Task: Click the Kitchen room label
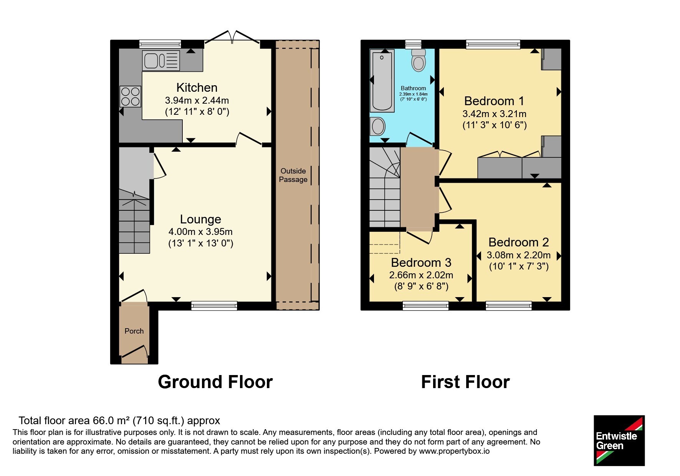[197, 88]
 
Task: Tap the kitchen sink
[161, 61]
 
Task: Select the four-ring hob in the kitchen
[131, 96]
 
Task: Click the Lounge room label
[200, 219]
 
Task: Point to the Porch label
[134, 331]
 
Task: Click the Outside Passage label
[293, 175]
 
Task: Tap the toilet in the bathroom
[418, 60]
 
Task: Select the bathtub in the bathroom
[382, 81]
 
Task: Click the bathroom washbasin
[378, 126]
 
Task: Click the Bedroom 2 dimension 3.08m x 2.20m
[518, 255]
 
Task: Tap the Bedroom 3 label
[421, 263]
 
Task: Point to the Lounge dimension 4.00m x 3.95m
[200, 231]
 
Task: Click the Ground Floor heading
[215, 382]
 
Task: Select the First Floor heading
[465, 382]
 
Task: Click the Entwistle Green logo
[619, 441]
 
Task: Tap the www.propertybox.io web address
[454, 451]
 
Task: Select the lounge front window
[214, 306]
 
